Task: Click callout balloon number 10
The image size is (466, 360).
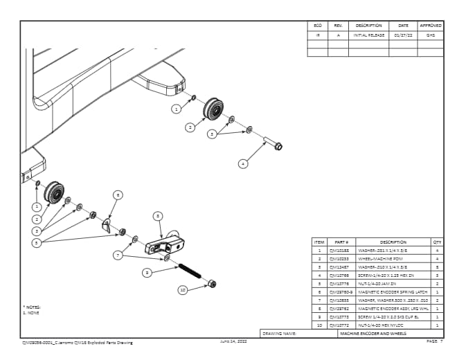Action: [x=182, y=290]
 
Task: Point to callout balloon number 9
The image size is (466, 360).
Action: [x=147, y=273]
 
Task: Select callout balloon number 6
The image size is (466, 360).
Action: [x=118, y=196]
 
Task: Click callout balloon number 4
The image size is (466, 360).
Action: [x=243, y=164]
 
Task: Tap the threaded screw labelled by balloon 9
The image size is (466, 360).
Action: [x=189, y=270]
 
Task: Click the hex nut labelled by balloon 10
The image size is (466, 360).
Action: [x=212, y=284]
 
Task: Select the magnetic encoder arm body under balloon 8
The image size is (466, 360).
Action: [x=166, y=244]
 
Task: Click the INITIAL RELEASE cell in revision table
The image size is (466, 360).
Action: [x=368, y=34]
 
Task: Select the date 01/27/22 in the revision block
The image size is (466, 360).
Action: [x=403, y=34]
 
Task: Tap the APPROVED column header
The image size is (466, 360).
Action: [x=430, y=26]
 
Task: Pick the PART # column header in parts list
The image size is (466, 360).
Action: [x=341, y=242]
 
